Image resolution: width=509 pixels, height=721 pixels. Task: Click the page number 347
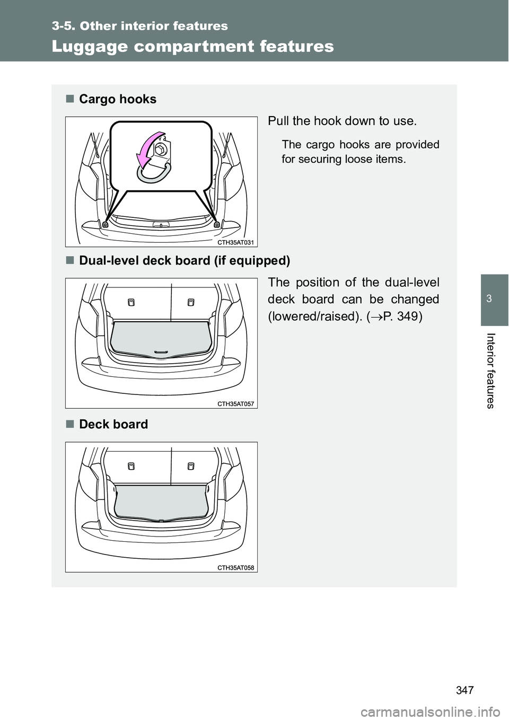coord(465,690)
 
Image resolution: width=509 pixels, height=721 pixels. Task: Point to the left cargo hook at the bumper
coord(106,224)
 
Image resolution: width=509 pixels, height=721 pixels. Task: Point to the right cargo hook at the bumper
coord(217,224)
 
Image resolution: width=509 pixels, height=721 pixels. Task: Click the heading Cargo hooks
coord(118,100)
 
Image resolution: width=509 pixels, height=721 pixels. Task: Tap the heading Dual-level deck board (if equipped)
coord(185,261)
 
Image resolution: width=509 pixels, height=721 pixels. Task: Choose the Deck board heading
coord(113,424)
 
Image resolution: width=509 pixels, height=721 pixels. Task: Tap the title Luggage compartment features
coord(192,46)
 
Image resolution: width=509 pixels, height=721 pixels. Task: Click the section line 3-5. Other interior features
coord(140,26)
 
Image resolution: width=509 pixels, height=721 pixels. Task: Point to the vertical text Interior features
coord(490,371)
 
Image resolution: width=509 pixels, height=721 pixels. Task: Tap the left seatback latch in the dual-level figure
coord(131,302)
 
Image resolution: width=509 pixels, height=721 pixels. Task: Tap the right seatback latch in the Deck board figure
coord(190,466)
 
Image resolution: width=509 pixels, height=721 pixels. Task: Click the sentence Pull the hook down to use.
coord(342,121)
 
